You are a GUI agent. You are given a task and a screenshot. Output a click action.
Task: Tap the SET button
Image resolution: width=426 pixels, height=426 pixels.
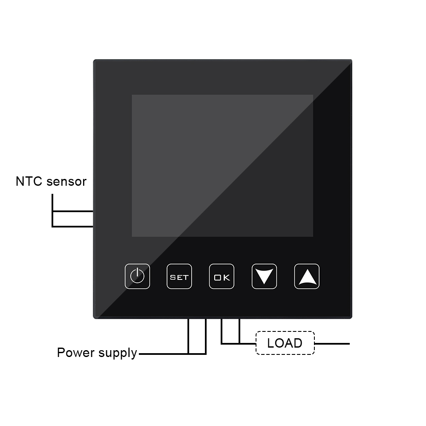(179, 276)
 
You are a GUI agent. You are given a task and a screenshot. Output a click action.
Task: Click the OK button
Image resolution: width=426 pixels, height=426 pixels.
(222, 276)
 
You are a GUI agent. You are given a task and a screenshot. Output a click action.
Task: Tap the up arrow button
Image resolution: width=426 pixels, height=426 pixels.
(307, 276)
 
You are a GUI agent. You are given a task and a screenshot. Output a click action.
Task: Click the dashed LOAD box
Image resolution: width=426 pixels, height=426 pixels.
(285, 343)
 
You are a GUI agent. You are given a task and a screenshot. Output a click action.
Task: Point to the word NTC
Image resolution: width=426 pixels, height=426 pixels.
(29, 181)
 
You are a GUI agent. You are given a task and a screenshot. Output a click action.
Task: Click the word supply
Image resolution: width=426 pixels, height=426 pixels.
(118, 354)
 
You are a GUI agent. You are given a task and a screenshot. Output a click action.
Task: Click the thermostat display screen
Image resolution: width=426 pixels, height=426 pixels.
(222, 166)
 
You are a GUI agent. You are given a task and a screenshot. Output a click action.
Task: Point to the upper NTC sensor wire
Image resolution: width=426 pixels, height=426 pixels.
(73, 211)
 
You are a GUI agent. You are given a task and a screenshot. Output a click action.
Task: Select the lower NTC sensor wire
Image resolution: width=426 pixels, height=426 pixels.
(73, 226)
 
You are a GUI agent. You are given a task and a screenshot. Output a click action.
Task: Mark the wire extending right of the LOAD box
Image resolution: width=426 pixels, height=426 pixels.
(332, 344)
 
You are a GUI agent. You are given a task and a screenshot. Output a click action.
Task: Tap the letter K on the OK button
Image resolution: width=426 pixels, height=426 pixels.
(227, 277)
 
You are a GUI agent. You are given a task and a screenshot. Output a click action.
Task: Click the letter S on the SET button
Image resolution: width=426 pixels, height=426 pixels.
(172, 277)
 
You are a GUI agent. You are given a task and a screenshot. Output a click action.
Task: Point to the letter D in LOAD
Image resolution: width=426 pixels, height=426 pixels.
(298, 343)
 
